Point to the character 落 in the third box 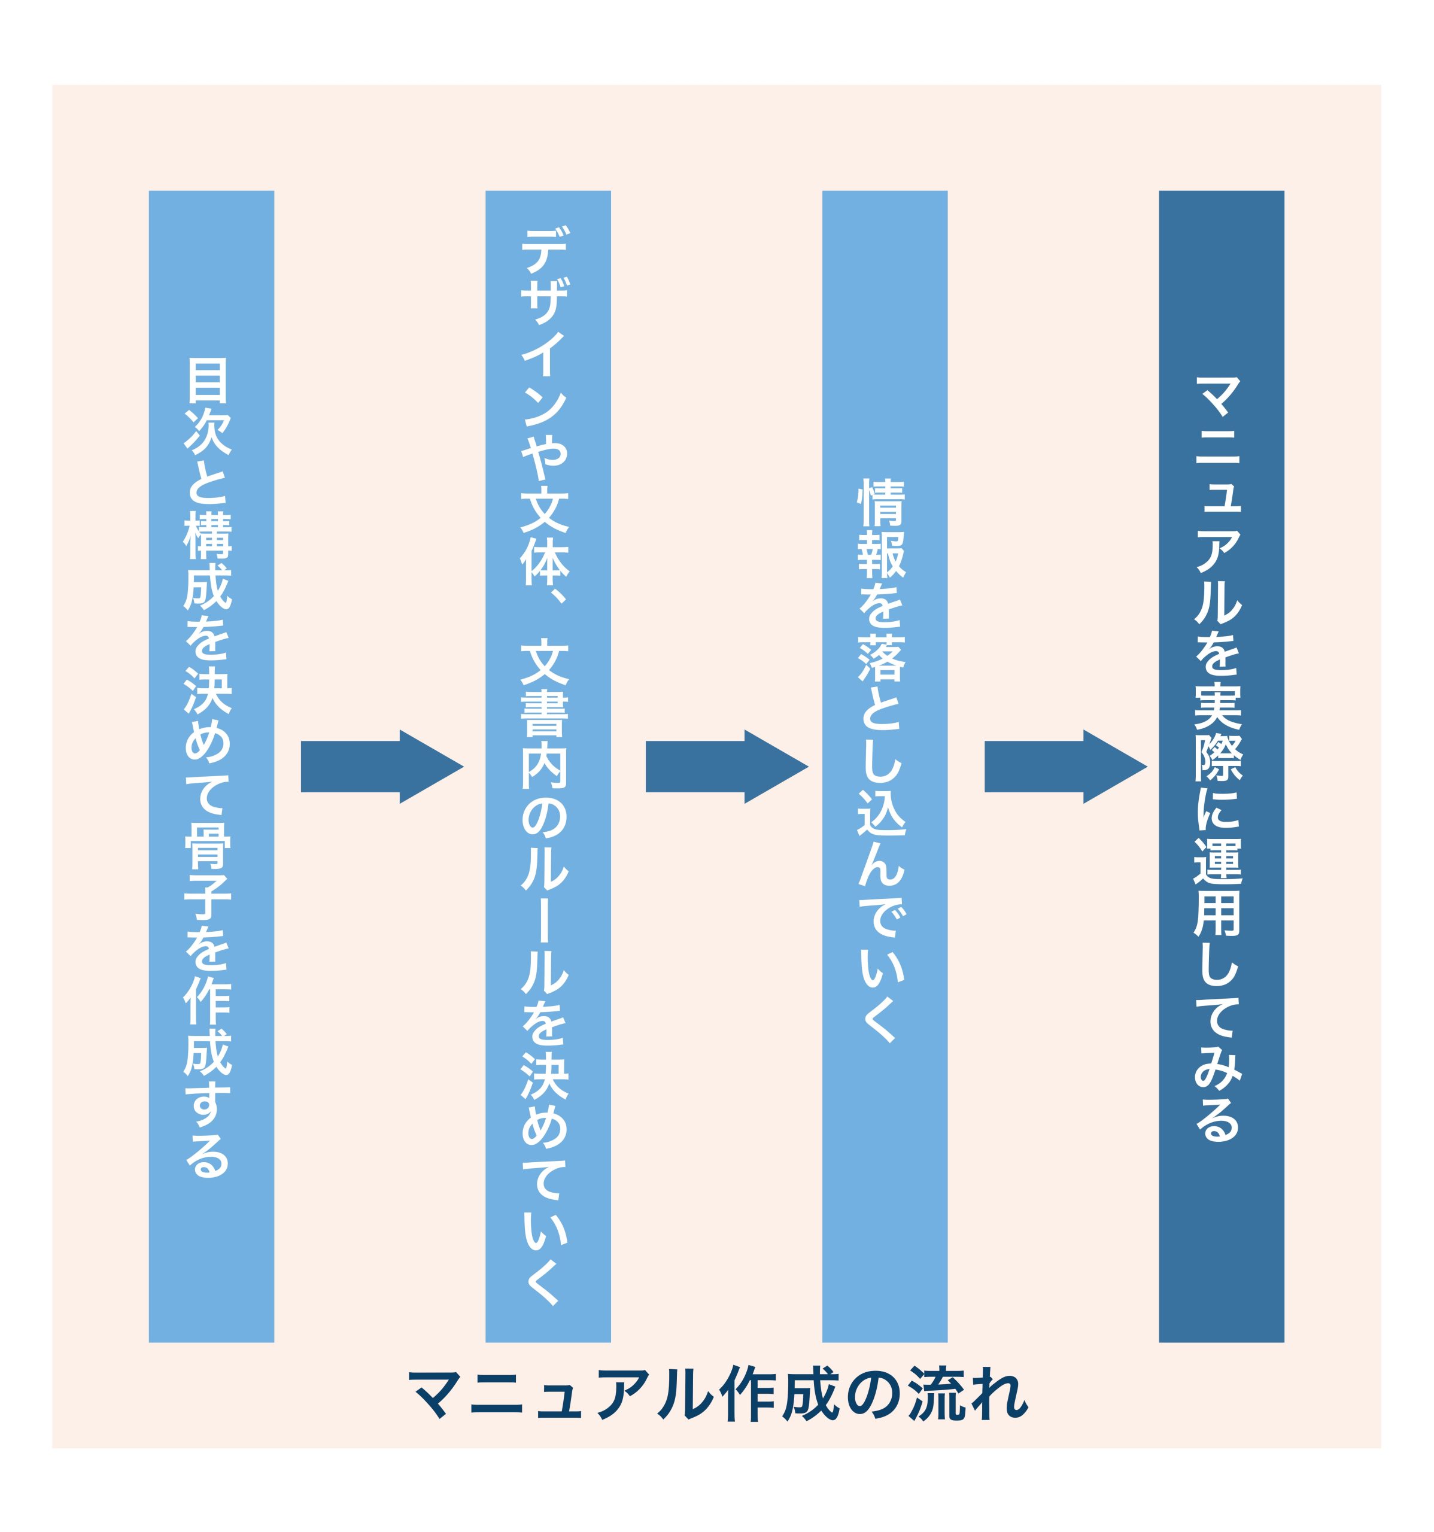coord(882,659)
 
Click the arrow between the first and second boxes coord(381,766)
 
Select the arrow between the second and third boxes coord(726,766)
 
